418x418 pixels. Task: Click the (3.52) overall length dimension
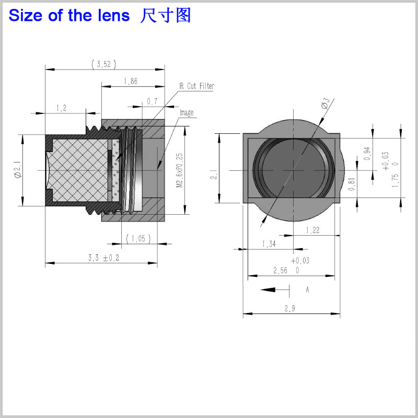pos(103,64)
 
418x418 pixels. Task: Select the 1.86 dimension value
pos(131,81)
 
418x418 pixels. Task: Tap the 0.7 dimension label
pos(152,101)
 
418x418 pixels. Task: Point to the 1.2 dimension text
pos(61,108)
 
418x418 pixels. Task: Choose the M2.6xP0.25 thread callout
pos(179,170)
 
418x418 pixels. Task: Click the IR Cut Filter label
pos(196,86)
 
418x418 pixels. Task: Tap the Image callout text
pos(187,113)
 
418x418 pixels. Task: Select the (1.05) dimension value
pos(138,238)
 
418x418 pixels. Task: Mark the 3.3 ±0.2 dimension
pos(103,258)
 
